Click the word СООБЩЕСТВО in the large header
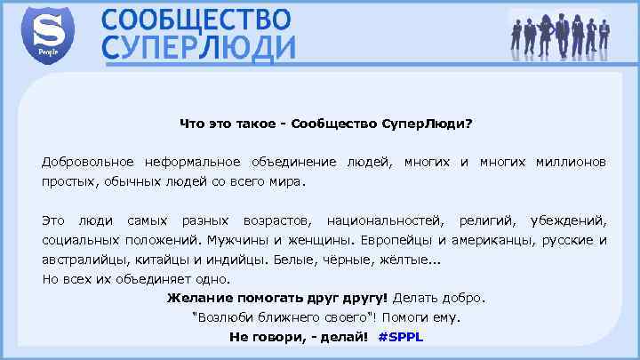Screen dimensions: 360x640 (196, 20)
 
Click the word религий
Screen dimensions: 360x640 (486, 219)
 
